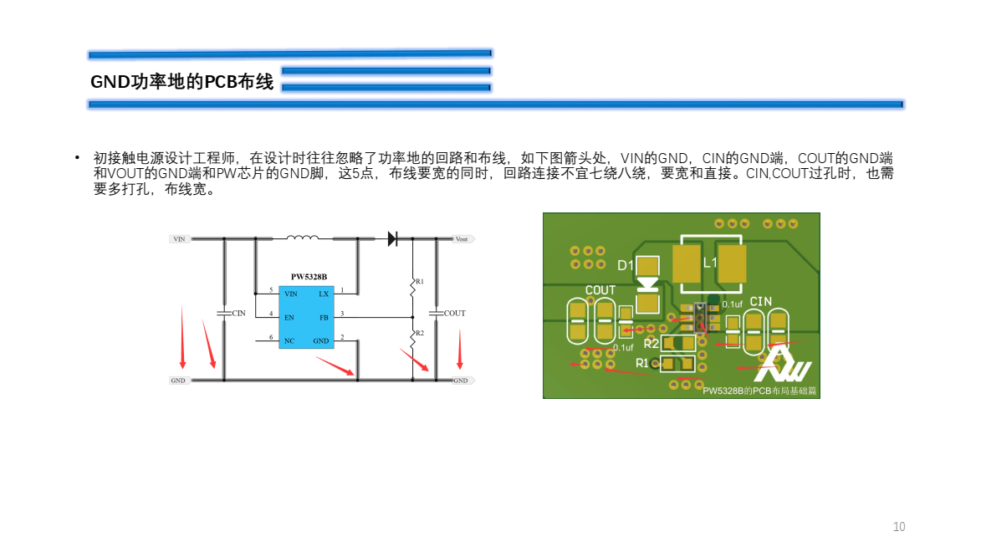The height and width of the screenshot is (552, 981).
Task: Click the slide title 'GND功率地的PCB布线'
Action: pyautogui.click(x=181, y=82)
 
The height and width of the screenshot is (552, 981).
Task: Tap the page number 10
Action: pyautogui.click(x=899, y=527)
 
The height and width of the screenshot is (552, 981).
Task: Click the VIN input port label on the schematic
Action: pyautogui.click(x=179, y=239)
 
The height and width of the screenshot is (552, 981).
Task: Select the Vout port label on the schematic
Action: pyautogui.click(x=462, y=239)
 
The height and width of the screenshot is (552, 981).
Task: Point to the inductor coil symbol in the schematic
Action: pyautogui.click(x=302, y=238)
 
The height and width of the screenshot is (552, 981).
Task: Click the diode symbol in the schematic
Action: pyautogui.click(x=392, y=238)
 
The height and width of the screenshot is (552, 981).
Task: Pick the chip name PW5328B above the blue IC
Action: pyautogui.click(x=309, y=277)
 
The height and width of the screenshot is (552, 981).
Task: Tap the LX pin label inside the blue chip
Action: pyautogui.click(x=324, y=294)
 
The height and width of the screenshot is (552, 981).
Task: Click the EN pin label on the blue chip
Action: pyautogui.click(x=289, y=318)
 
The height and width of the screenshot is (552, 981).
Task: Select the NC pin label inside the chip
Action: pyautogui.click(x=289, y=341)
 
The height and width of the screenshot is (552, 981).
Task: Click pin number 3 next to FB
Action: pyautogui.click(x=342, y=313)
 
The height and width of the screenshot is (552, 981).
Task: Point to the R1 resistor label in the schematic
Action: pyautogui.click(x=420, y=282)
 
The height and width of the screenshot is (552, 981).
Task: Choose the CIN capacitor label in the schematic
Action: pyautogui.click(x=239, y=314)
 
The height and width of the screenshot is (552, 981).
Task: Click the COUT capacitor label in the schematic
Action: pyautogui.click(x=454, y=314)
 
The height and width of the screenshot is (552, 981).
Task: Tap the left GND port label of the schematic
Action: pyautogui.click(x=178, y=381)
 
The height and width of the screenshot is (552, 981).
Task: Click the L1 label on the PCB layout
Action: pyautogui.click(x=710, y=263)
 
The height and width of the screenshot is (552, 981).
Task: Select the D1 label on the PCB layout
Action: pyautogui.click(x=626, y=266)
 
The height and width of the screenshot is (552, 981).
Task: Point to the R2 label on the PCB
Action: pyautogui.click(x=651, y=344)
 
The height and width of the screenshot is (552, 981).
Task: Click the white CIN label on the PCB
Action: pyautogui.click(x=760, y=301)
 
